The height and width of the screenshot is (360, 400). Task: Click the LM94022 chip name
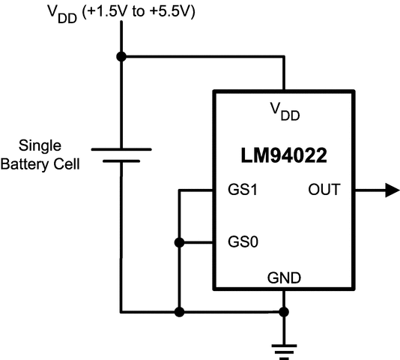pos(284,157)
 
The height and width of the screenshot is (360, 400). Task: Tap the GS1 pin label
pos(243,190)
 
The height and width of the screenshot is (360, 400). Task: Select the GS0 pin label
pos(243,242)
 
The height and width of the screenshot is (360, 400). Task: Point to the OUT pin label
pos(324,190)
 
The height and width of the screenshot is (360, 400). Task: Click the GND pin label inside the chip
pos(284,278)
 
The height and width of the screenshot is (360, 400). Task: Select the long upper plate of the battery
pos(121,148)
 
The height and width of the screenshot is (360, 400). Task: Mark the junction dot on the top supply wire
pos(121,56)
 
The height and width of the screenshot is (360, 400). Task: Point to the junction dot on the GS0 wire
pos(178,242)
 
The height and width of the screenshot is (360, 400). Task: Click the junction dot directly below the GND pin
pos(284,311)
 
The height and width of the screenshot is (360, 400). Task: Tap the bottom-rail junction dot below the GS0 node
pos(178,311)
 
